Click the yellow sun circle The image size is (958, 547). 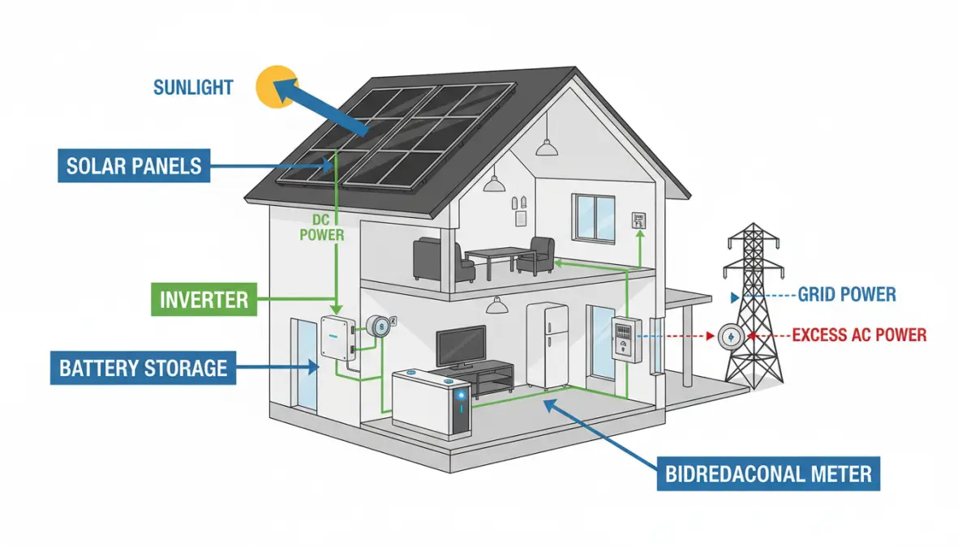click(x=271, y=88)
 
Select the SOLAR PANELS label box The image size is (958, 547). click(x=134, y=167)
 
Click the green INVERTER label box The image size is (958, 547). click(x=204, y=299)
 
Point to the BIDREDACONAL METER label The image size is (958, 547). click(x=768, y=473)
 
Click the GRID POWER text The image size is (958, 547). click(x=847, y=294)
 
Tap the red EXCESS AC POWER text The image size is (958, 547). click(x=858, y=334)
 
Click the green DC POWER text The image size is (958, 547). click(x=322, y=228)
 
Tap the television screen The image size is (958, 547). click(x=461, y=346)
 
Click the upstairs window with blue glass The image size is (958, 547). click(x=593, y=217)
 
